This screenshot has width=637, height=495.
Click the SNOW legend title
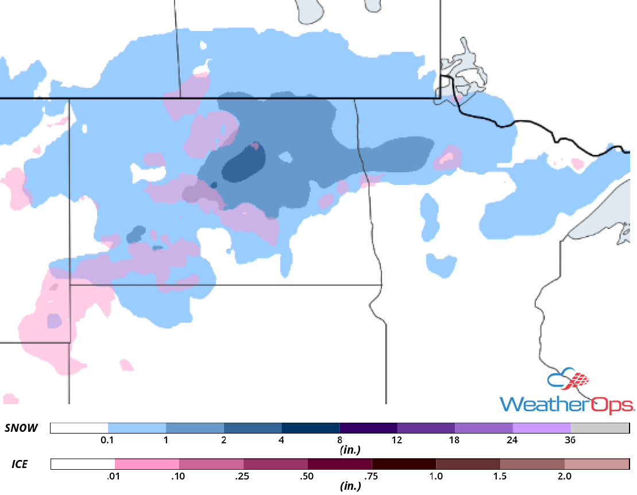21,428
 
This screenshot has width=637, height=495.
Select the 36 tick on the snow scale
570,440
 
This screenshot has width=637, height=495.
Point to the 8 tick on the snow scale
339,440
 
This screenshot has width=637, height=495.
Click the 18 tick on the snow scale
454,440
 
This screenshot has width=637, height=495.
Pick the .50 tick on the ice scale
307,476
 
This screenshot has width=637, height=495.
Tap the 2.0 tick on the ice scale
565,476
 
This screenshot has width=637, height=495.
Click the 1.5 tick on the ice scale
500,476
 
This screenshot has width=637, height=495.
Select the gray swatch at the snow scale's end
600,428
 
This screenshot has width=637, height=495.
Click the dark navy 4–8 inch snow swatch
310,428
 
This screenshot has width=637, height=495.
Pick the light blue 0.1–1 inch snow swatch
137,428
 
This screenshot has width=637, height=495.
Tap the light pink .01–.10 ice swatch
147,463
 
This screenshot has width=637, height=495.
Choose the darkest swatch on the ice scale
404,463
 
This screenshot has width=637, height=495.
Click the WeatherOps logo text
566,403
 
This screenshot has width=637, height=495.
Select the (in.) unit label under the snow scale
349,450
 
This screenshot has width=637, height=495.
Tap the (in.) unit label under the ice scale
349,486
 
